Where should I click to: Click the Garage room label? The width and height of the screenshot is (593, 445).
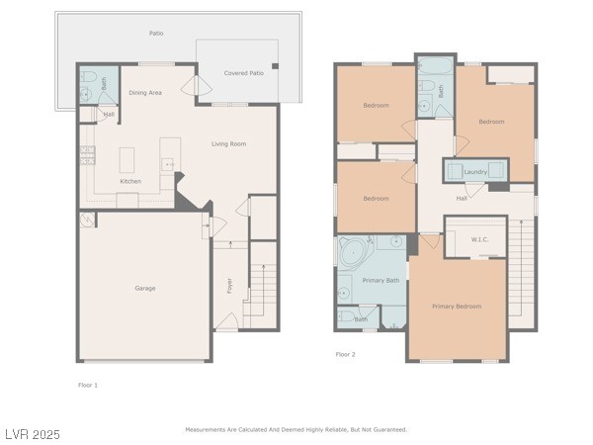pyautogui.click(x=145, y=289)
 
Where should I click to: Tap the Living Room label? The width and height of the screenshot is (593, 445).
pyautogui.click(x=229, y=143)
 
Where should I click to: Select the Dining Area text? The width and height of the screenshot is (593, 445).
pyautogui.click(x=145, y=93)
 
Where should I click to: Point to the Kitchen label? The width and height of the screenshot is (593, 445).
pyautogui.click(x=130, y=181)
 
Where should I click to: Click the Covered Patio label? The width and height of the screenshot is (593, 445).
pyautogui.click(x=244, y=73)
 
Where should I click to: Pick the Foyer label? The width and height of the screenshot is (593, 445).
pyautogui.click(x=229, y=286)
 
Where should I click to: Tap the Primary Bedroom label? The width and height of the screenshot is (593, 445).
pyautogui.click(x=457, y=307)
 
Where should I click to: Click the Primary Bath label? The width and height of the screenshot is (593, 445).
pyautogui.click(x=381, y=281)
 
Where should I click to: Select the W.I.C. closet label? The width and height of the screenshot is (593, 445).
pyautogui.click(x=479, y=239)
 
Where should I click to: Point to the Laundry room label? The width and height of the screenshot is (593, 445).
pyautogui.click(x=475, y=172)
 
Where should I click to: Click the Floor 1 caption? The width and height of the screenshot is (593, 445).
pyautogui.click(x=88, y=386)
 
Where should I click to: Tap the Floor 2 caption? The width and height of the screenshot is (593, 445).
pyautogui.click(x=345, y=355)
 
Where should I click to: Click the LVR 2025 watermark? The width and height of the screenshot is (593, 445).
pyautogui.click(x=33, y=434)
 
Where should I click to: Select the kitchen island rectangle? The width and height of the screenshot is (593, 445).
pyautogui.click(x=127, y=160)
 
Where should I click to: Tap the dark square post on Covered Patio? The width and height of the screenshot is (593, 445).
pyautogui.click(x=276, y=66)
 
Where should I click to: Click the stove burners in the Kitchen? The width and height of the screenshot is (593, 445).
pyautogui.click(x=87, y=155)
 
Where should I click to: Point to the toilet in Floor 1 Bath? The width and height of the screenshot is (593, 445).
pyautogui.click(x=88, y=77)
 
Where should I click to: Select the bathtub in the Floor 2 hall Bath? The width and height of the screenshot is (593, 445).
pyautogui.click(x=436, y=66)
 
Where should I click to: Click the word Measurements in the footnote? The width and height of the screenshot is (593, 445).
pyautogui.click(x=205, y=430)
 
